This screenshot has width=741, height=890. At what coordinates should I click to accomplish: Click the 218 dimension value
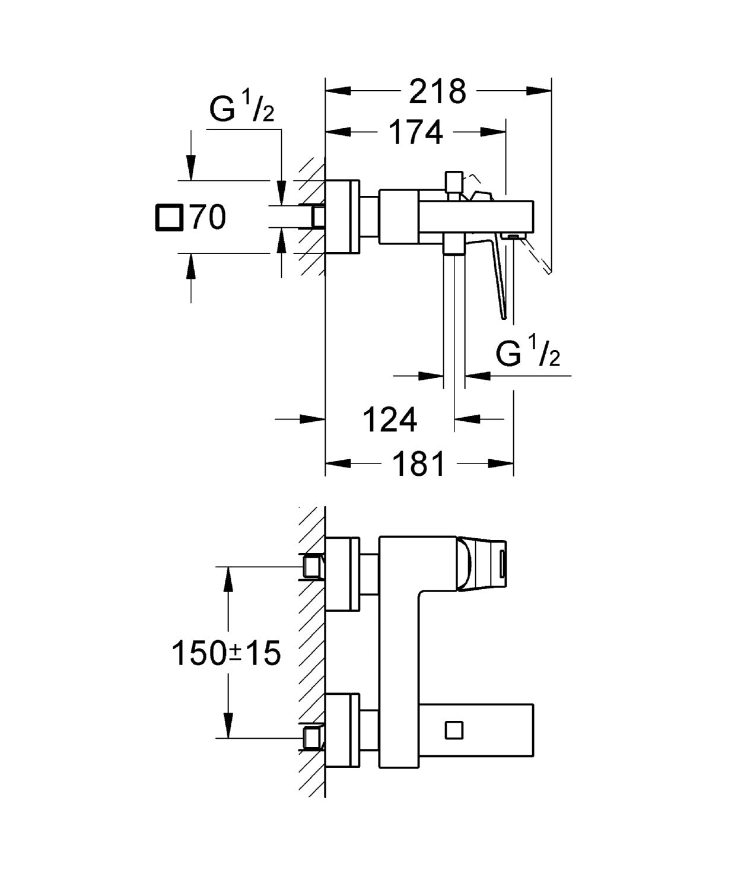(x=438, y=91)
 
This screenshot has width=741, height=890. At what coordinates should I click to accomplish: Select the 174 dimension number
(x=416, y=132)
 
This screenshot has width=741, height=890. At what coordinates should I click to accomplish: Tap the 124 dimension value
(x=390, y=420)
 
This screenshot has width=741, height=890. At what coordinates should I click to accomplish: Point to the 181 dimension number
(x=419, y=463)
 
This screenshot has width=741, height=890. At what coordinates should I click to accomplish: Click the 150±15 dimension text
(x=225, y=654)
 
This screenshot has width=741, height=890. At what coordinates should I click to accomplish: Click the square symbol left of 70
(x=169, y=217)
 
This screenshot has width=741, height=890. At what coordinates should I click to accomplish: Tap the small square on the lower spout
(x=454, y=729)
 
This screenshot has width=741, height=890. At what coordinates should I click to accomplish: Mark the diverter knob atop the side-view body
(x=454, y=180)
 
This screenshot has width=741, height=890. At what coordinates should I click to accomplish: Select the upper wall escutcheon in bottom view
(x=343, y=574)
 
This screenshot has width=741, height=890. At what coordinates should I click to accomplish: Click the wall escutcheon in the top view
(x=343, y=217)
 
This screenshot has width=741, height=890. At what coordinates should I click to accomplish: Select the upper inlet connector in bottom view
(x=313, y=565)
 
